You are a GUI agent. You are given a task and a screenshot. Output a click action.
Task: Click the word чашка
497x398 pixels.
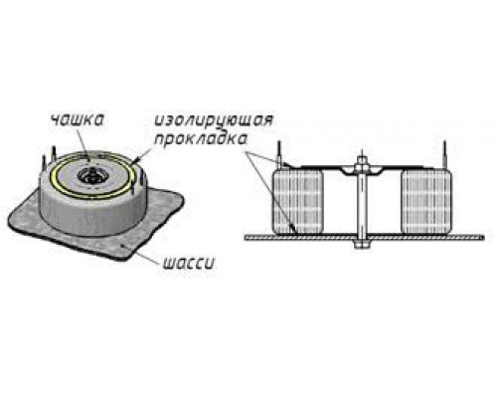click(77, 120)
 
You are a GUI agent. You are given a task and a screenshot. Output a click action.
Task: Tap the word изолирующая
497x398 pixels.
click(214, 120)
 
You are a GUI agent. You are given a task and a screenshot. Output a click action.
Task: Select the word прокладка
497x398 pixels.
click(201, 139)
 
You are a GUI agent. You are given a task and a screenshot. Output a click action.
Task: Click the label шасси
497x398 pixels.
click(189, 264)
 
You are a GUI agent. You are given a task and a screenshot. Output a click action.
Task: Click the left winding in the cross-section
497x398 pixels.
click(298, 201)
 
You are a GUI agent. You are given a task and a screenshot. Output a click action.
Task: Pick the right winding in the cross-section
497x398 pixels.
click(426, 201)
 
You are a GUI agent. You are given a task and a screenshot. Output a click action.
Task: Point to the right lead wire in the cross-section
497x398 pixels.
click(444, 155)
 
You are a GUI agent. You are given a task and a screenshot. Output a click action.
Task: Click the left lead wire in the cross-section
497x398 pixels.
click(279, 155)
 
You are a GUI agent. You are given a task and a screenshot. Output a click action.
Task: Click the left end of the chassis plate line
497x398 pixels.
click(246, 238)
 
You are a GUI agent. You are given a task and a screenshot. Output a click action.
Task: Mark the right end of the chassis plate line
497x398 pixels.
click(484, 238)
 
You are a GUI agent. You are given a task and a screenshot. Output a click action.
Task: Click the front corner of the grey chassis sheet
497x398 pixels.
click(118, 260)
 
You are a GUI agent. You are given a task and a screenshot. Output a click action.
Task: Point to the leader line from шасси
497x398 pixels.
click(141, 255)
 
